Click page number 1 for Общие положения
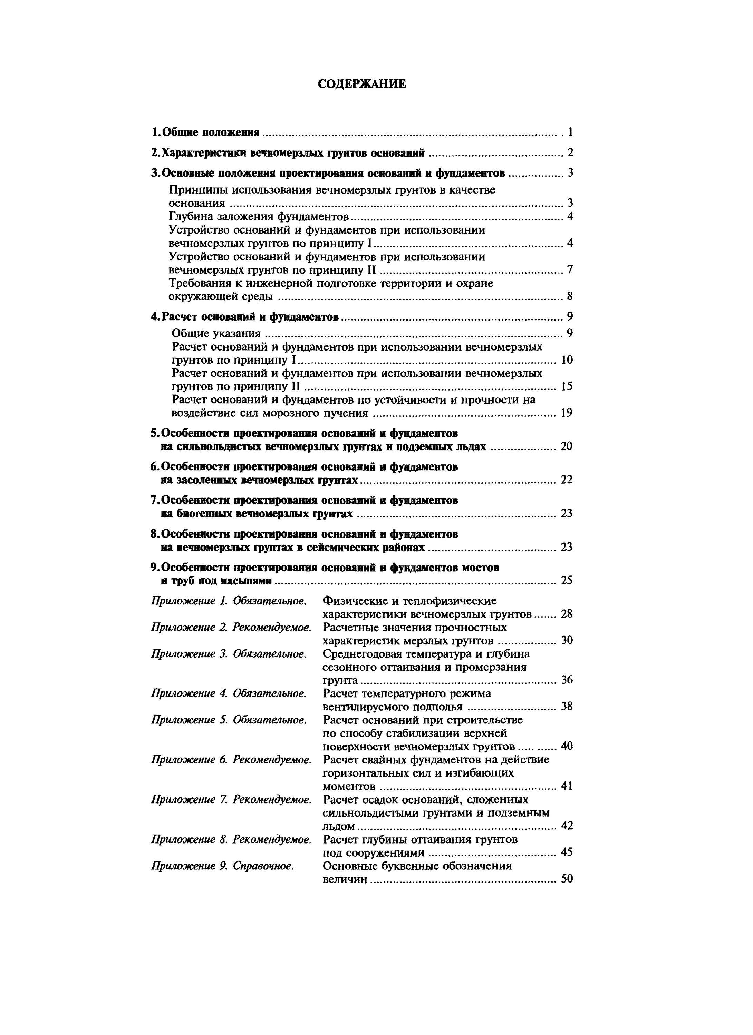[x=570, y=132]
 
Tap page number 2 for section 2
[x=570, y=152]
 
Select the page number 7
[x=570, y=270]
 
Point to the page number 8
[x=570, y=297]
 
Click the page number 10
[x=567, y=360]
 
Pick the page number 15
[x=567, y=386]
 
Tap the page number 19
[x=567, y=413]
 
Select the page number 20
[x=566, y=446]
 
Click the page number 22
[x=566, y=480]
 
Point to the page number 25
[x=566, y=581]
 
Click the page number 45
[x=567, y=852]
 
